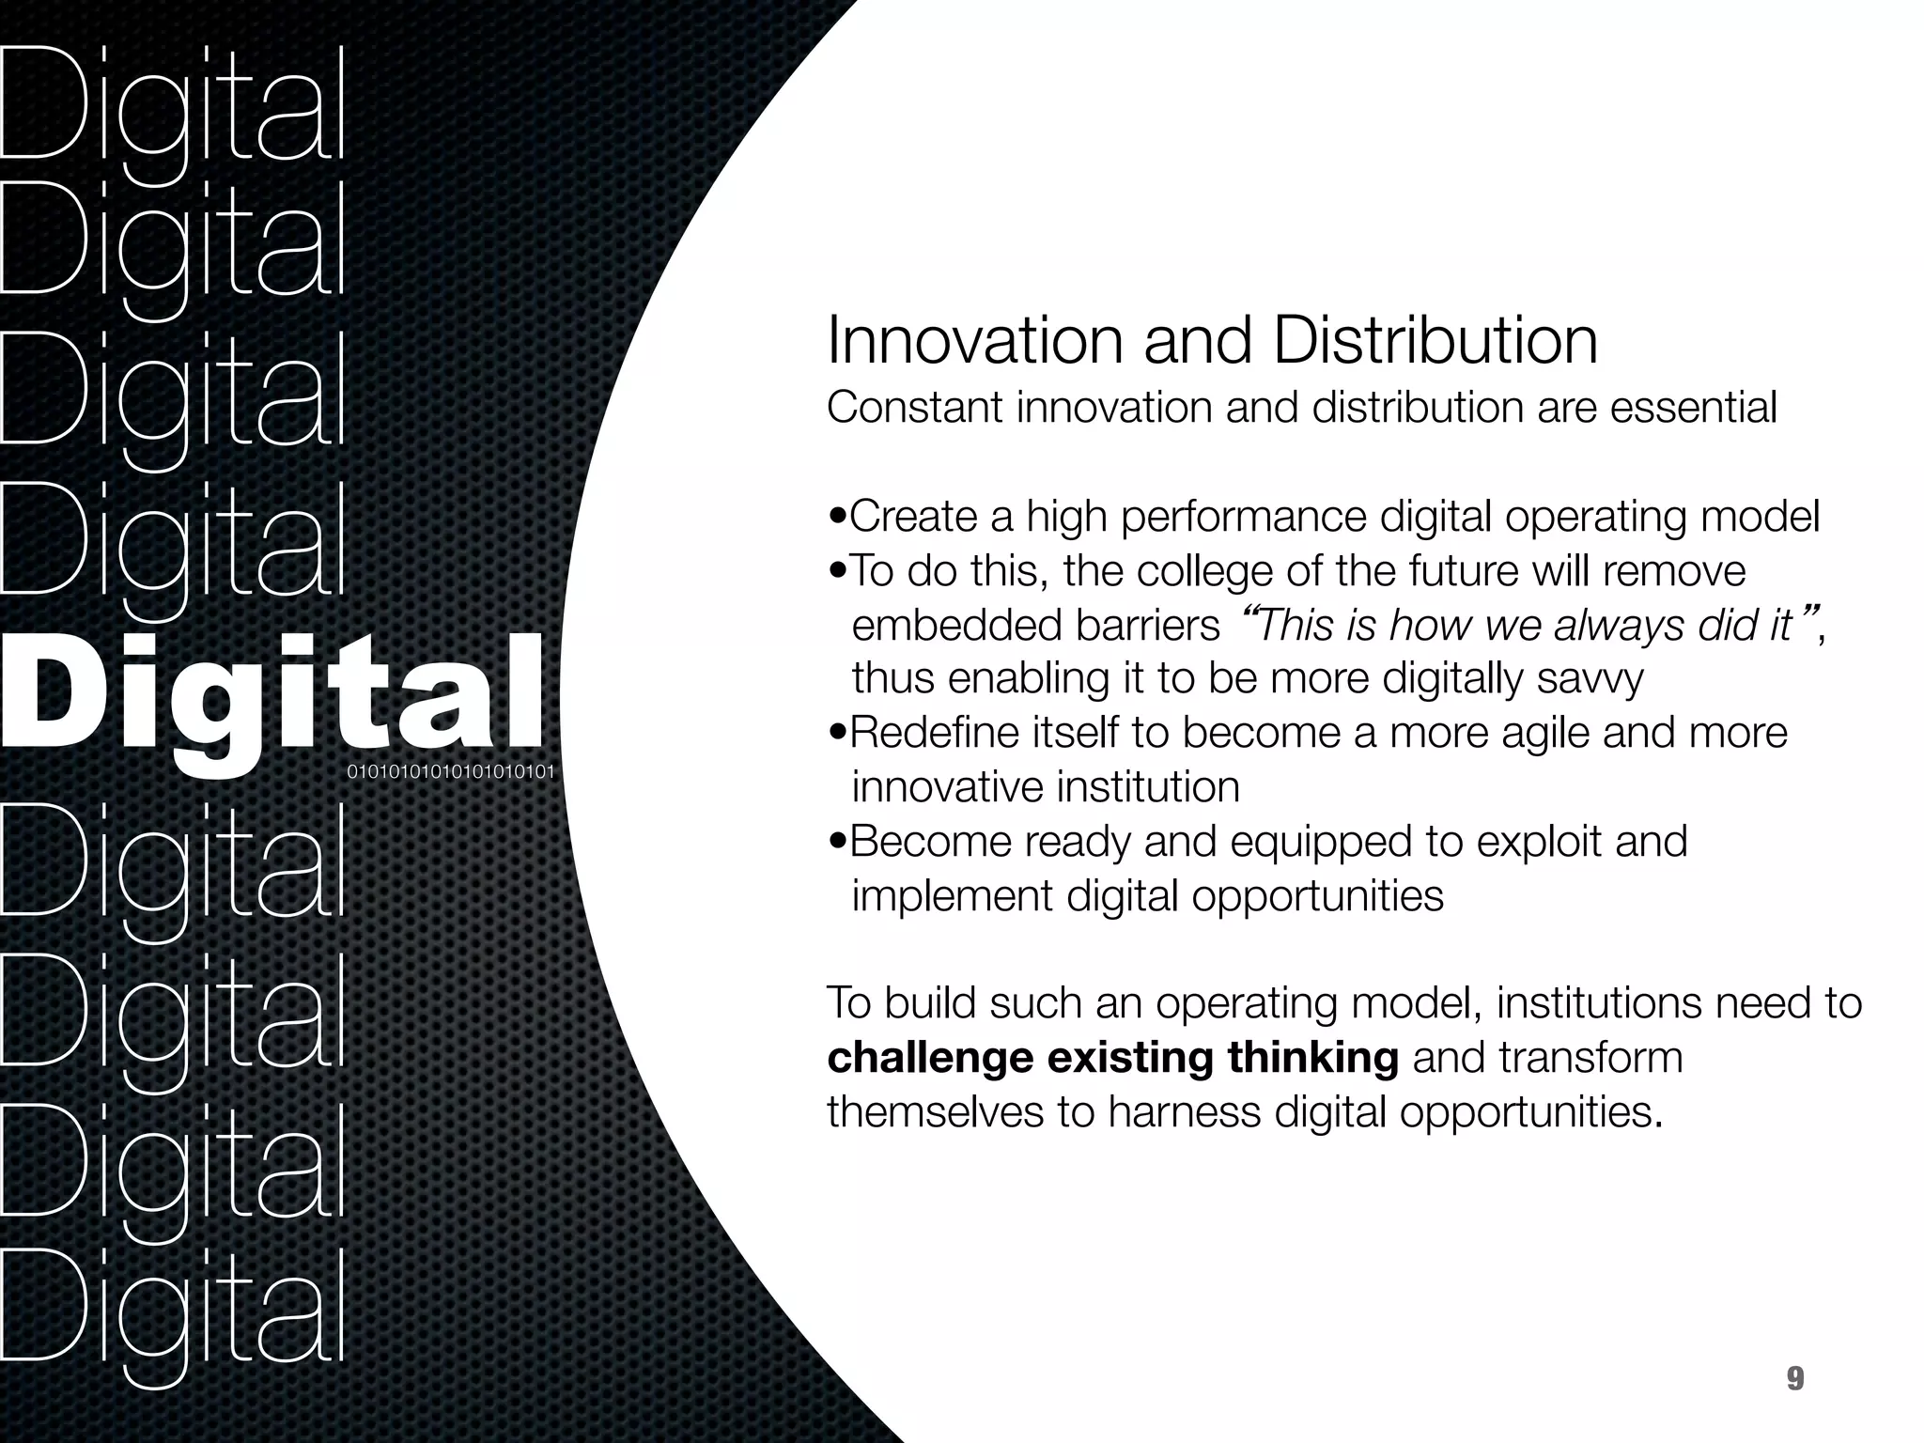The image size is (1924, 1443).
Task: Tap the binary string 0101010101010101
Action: [x=451, y=773]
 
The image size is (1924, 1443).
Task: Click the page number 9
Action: [x=1794, y=1379]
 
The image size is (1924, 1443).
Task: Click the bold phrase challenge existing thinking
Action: [x=1113, y=1058]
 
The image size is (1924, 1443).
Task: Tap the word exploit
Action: [x=1532, y=842]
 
